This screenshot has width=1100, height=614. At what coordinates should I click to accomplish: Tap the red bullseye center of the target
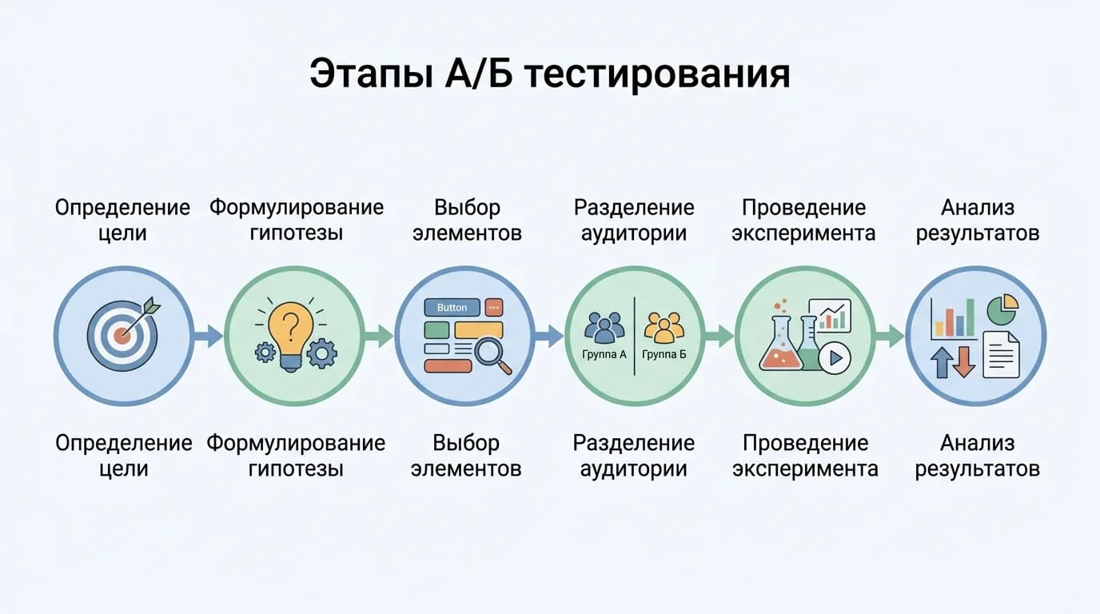coord(122,336)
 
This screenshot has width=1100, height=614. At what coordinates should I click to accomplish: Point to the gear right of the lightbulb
coord(321,353)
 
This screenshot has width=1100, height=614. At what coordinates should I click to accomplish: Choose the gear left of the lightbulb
coord(265,353)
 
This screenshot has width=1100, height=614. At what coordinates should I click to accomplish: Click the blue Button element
coord(452,308)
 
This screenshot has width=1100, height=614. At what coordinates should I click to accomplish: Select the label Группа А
coord(605,354)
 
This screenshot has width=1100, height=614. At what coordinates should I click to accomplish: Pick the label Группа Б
coord(664,354)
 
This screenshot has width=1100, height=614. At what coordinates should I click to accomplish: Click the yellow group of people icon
coord(664,327)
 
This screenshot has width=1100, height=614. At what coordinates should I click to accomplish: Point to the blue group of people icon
coord(605,327)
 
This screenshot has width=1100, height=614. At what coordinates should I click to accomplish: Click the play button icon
coord(835,357)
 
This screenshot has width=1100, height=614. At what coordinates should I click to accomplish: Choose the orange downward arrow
coord(964,361)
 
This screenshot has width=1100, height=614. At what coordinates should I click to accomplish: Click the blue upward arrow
coord(942,361)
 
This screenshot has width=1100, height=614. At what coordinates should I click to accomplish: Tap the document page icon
coord(1001,354)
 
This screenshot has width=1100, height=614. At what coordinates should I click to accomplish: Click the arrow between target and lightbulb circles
coord(209,336)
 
